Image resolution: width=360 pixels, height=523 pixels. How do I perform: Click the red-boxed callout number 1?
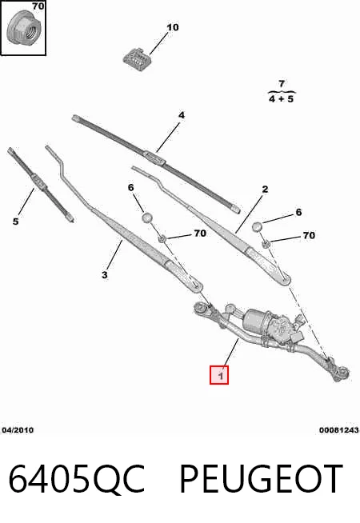click(x=219, y=375)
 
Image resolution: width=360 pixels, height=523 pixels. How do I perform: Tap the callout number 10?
click(x=173, y=27)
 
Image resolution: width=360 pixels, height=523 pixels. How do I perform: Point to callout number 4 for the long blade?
click(x=181, y=115)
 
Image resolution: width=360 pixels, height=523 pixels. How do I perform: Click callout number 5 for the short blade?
click(x=16, y=222)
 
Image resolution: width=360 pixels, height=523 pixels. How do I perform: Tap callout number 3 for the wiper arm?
click(x=105, y=275)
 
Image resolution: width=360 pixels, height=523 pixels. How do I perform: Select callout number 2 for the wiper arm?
click(x=265, y=190)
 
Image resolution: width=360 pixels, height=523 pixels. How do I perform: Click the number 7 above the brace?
click(x=282, y=83)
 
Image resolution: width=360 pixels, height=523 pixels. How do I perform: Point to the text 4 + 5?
click(x=282, y=99)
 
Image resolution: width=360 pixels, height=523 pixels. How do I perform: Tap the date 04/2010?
click(x=18, y=430)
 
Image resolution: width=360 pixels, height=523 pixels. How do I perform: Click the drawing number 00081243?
click(x=339, y=430)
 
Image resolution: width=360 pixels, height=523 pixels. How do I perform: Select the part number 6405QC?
click(x=77, y=479)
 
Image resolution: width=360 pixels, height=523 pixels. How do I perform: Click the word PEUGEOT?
click(x=262, y=479)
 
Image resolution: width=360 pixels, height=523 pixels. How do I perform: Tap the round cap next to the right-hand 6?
click(x=257, y=226)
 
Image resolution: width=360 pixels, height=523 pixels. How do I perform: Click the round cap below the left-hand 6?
click(x=147, y=218)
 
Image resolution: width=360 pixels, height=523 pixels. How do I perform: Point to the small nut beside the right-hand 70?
click(x=266, y=244)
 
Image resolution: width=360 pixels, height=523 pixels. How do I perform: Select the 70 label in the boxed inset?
click(x=38, y=6)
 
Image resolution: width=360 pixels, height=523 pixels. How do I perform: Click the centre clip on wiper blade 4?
click(x=155, y=157)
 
